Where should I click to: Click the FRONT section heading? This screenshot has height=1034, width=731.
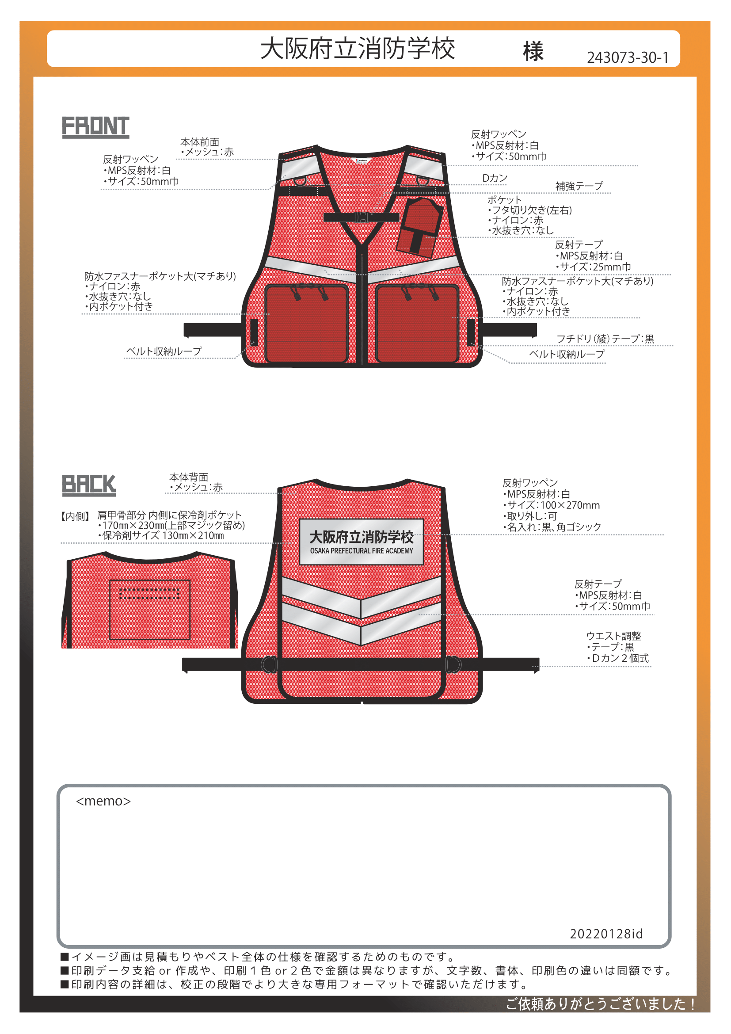coord(95,126)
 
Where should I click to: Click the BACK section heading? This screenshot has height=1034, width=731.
coord(89,485)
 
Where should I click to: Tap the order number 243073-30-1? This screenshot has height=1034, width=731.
coord(628,57)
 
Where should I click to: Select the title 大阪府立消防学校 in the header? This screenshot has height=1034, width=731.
coord(358,49)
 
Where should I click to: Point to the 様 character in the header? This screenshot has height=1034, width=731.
coord(533,51)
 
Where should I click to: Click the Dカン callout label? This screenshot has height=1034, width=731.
coord(495,178)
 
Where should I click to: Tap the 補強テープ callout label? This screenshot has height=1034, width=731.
coord(579,186)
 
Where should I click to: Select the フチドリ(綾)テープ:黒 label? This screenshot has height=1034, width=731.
coord(605,339)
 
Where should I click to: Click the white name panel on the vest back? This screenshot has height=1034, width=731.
coord(362,542)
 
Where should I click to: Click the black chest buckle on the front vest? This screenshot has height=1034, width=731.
coord(362,217)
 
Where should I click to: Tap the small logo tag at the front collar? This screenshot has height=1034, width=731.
coord(362,160)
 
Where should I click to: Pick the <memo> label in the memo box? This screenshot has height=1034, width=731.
coord(103,801)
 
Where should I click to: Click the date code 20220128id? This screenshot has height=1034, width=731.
coord(606,934)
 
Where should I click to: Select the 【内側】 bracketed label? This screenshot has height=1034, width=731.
coord(75,516)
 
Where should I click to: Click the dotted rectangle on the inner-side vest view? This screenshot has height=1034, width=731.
coord(149,594)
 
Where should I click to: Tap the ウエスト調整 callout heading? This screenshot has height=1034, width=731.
coord(613,636)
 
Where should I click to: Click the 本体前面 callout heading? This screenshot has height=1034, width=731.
coord(200,142)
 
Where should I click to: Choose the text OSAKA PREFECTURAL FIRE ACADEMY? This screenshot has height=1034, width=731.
coord(362,551)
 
